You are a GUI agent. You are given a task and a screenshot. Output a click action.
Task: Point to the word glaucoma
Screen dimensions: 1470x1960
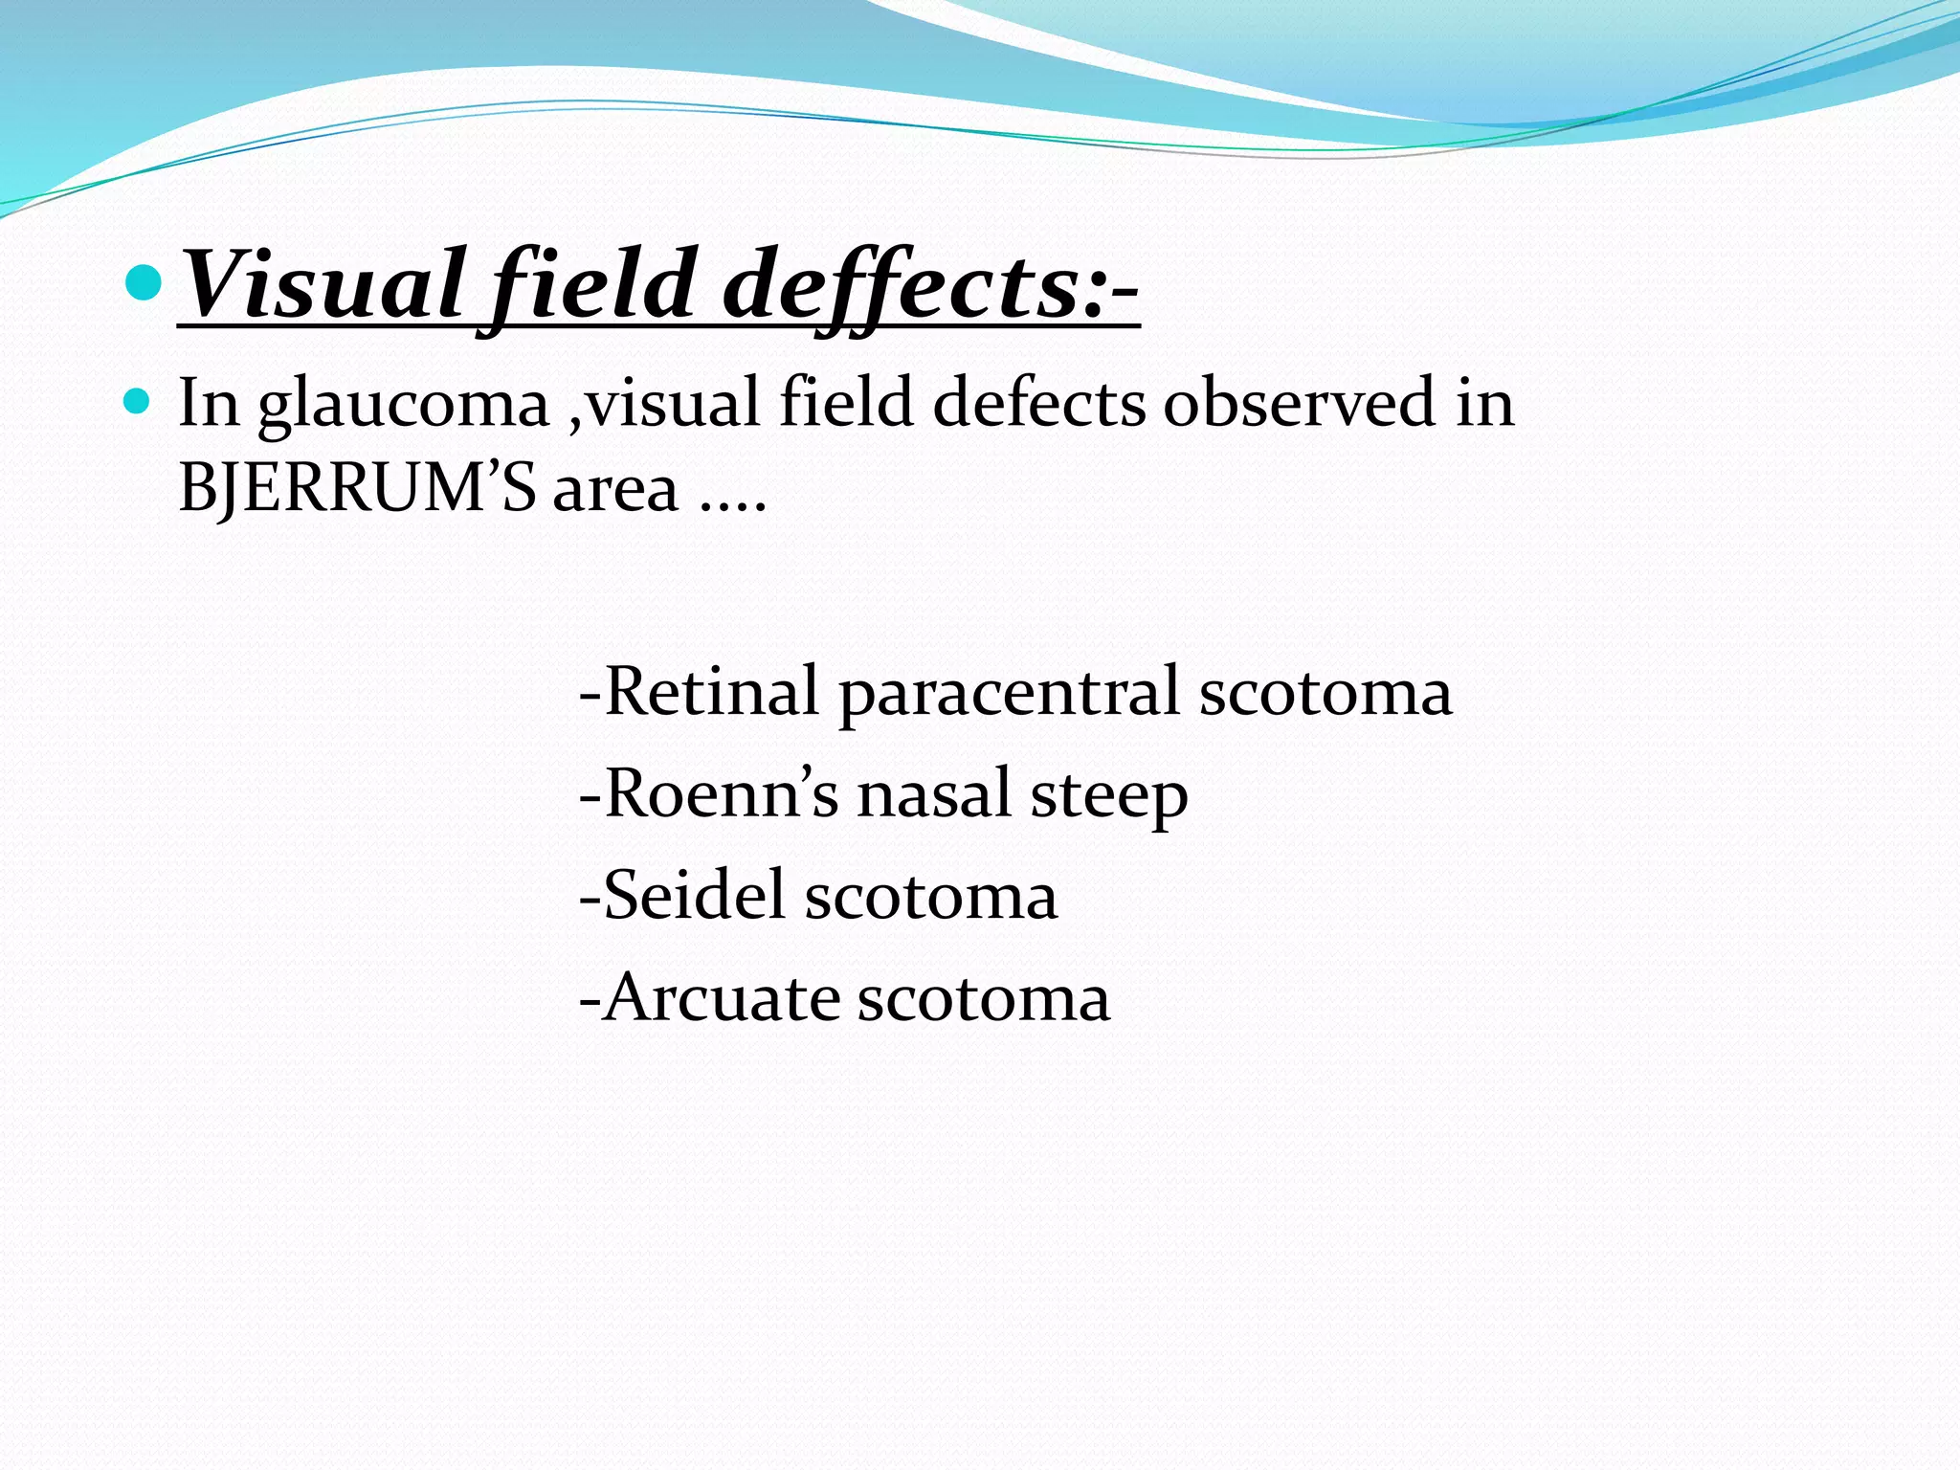tap(403, 404)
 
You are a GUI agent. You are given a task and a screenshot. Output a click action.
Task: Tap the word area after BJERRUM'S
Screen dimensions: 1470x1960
tap(615, 490)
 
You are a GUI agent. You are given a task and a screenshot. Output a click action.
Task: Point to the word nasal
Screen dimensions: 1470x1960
tap(933, 794)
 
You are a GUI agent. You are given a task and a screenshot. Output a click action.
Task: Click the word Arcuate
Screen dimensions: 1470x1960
tap(722, 998)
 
